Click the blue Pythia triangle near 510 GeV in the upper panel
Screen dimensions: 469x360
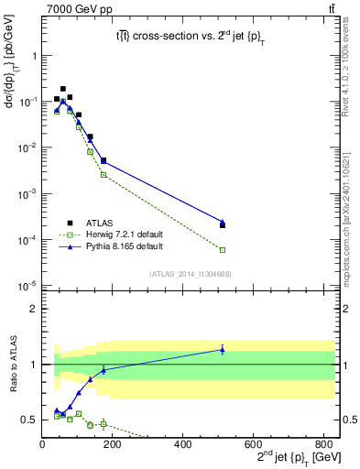coord(223,222)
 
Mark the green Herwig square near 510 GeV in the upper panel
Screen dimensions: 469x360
coord(223,249)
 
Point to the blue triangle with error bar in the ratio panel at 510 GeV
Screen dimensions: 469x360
coord(223,349)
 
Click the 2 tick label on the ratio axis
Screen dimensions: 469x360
coord(34,309)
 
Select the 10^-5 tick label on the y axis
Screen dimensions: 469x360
coord(27,286)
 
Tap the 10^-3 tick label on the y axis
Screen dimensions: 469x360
coord(27,194)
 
